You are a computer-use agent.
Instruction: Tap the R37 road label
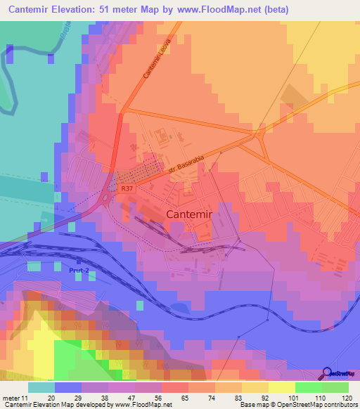coord(126,188)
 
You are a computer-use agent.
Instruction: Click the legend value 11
coord(27,397)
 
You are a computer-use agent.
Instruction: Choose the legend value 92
coord(262,397)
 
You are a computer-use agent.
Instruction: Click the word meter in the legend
coord(12,397)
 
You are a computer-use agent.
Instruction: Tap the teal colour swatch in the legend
coord(41,387)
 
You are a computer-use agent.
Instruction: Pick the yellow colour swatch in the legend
coord(281,387)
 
